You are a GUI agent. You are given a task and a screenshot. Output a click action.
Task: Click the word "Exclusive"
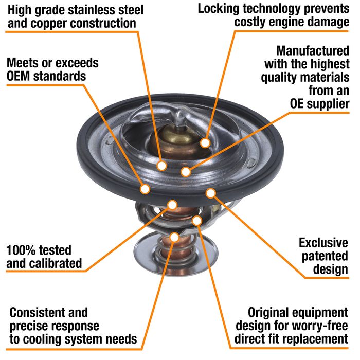coord(324,242)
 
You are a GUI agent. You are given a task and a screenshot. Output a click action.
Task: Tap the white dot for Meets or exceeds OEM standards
coord(146,189)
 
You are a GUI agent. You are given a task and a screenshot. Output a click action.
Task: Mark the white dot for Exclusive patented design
coord(210,193)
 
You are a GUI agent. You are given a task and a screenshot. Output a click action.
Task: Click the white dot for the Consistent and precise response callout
coord(175,237)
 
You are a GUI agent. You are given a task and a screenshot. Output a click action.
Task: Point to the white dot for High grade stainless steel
coord(162,166)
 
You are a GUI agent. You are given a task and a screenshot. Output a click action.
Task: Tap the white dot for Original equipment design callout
coord(197,221)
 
